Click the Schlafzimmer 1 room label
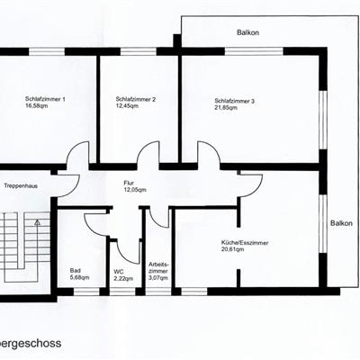tap(45, 99)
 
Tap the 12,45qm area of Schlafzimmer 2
tap(127, 105)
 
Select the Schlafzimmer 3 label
tap(235, 101)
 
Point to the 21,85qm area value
tap(226, 108)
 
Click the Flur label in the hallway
tap(129, 183)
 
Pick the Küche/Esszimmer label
tap(245, 243)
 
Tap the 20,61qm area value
tap(232, 249)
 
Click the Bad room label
tap(75, 271)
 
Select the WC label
tap(119, 272)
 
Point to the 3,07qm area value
tap(158, 278)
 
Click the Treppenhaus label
tap(21, 186)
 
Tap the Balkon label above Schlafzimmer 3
tap(247, 32)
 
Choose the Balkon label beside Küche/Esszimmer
tap(341, 223)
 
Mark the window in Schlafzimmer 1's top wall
tap(47, 51)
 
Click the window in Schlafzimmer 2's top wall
tap(139, 51)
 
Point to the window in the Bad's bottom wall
tap(86, 292)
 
